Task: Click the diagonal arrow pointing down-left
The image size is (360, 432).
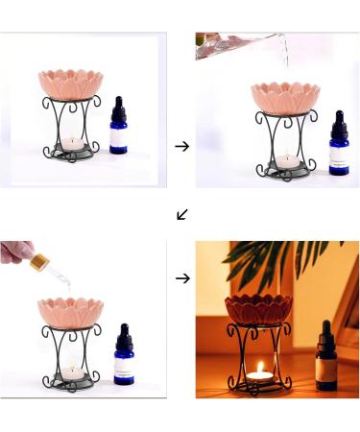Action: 182,214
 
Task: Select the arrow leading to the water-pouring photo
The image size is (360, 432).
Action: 182,146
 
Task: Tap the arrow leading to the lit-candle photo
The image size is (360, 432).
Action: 182,278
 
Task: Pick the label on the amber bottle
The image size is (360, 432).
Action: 326,367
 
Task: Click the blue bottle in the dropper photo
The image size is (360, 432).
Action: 123,356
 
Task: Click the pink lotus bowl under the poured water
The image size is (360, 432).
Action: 285,96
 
